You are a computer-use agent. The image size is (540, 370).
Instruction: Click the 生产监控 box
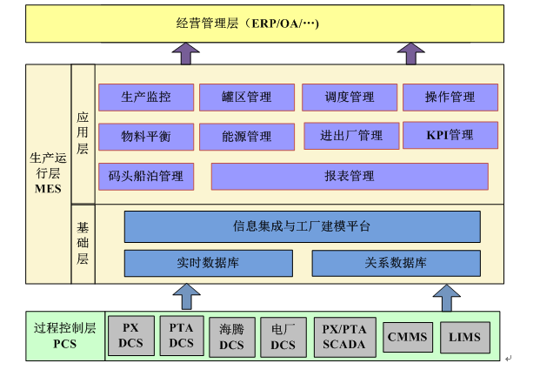[x=146, y=98]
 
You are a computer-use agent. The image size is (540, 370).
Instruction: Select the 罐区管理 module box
[x=247, y=98]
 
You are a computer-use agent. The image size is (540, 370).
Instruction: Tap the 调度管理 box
[x=349, y=98]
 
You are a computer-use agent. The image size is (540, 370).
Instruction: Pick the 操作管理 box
[x=450, y=98]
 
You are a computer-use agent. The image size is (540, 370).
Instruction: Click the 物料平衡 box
[x=146, y=137]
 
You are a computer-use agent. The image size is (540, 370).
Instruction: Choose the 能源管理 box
[x=247, y=137]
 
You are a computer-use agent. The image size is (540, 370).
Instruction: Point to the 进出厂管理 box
[x=350, y=136]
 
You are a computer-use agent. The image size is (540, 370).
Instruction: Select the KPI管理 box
[x=450, y=135]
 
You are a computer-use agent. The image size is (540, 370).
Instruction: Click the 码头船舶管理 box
[x=146, y=176]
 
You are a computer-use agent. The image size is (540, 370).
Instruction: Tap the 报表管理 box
[x=350, y=176]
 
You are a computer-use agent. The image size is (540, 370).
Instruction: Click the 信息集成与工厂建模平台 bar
[x=302, y=226]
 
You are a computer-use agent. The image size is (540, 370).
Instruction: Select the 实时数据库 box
[x=207, y=263]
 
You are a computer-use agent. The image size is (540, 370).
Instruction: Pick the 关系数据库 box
[x=396, y=263]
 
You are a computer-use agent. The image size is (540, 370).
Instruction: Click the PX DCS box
[x=130, y=335]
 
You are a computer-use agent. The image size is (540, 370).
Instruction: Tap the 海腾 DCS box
[x=232, y=336]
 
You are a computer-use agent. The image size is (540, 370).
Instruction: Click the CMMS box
[x=405, y=336]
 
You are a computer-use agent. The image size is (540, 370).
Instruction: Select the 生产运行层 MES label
[x=49, y=173]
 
